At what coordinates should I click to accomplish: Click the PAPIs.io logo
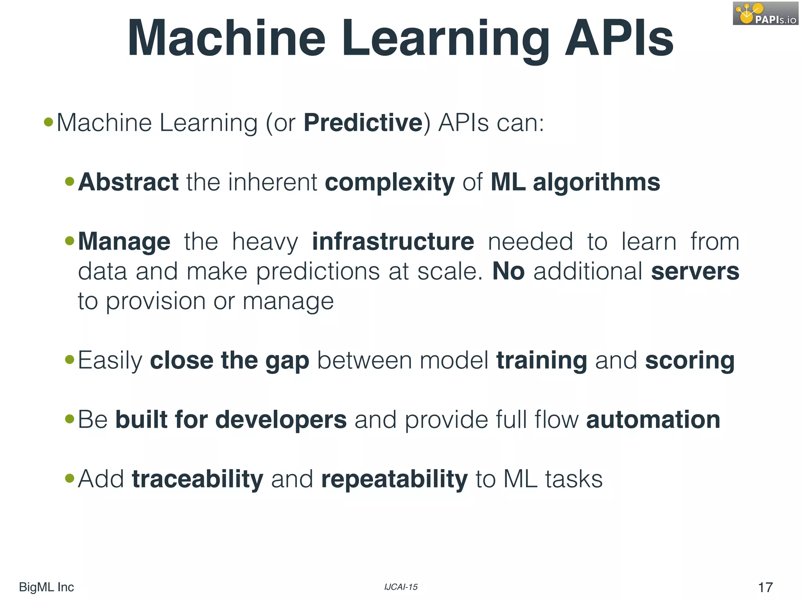[765, 14]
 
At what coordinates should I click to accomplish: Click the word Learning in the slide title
[446, 39]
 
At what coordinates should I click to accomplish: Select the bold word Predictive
[363, 123]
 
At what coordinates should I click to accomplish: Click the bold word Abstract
[128, 182]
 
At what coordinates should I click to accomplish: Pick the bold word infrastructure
[393, 242]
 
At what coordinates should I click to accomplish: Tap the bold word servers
[695, 271]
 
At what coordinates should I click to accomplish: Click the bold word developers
[281, 420]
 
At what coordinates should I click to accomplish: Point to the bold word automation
[653, 420]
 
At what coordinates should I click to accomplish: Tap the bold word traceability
[198, 480]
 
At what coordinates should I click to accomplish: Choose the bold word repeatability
[394, 480]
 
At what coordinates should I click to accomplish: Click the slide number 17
[765, 587]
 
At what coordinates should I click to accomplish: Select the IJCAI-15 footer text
[401, 587]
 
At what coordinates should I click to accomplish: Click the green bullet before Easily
[70, 359]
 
